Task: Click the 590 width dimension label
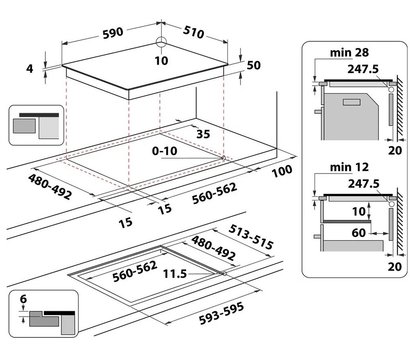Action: coord(113,33)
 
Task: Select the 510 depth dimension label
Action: coord(193,32)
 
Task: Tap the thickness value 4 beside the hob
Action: coord(30,69)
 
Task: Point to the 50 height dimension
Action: coord(254,65)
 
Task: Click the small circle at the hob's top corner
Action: coord(161,42)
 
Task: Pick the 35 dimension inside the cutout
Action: coord(203,134)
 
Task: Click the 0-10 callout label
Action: coord(165,151)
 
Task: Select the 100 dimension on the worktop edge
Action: coord(282,171)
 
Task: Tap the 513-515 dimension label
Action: coord(251,237)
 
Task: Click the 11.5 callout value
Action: coord(175,274)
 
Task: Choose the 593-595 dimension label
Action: coord(221,313)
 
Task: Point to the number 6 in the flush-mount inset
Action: coord(23,299)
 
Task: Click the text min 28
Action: coord(349,53)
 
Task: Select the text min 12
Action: coord(349,167)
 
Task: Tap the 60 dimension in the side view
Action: coord(359,233)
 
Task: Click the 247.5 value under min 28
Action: coord(363,69)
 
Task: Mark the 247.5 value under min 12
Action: coord(364,184)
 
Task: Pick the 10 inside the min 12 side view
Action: coord(359,211)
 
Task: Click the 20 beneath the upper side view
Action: coord(395,151)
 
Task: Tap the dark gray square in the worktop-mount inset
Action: coord(24,126)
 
